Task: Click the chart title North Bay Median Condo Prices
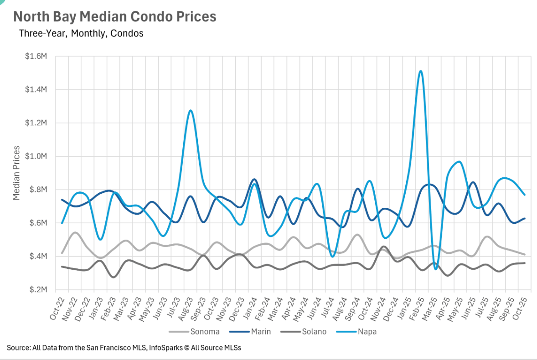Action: pyautogui.click(x=115, y=17)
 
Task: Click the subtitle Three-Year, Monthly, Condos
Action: pyautogui.click(x=81, y=33)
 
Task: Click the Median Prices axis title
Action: pyautogui.click(x=16, y=173)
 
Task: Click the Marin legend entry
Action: pyautogui.click(x=261, y=331)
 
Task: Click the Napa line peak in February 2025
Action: pyautogui.click(x=420, y=71)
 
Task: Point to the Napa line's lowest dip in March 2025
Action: pyautogui.click(x=436, y=269)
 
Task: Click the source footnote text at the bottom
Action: pyautogui.click(x=124, y=348)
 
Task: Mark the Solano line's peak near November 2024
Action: pyautogui.click(x=384, y=247)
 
